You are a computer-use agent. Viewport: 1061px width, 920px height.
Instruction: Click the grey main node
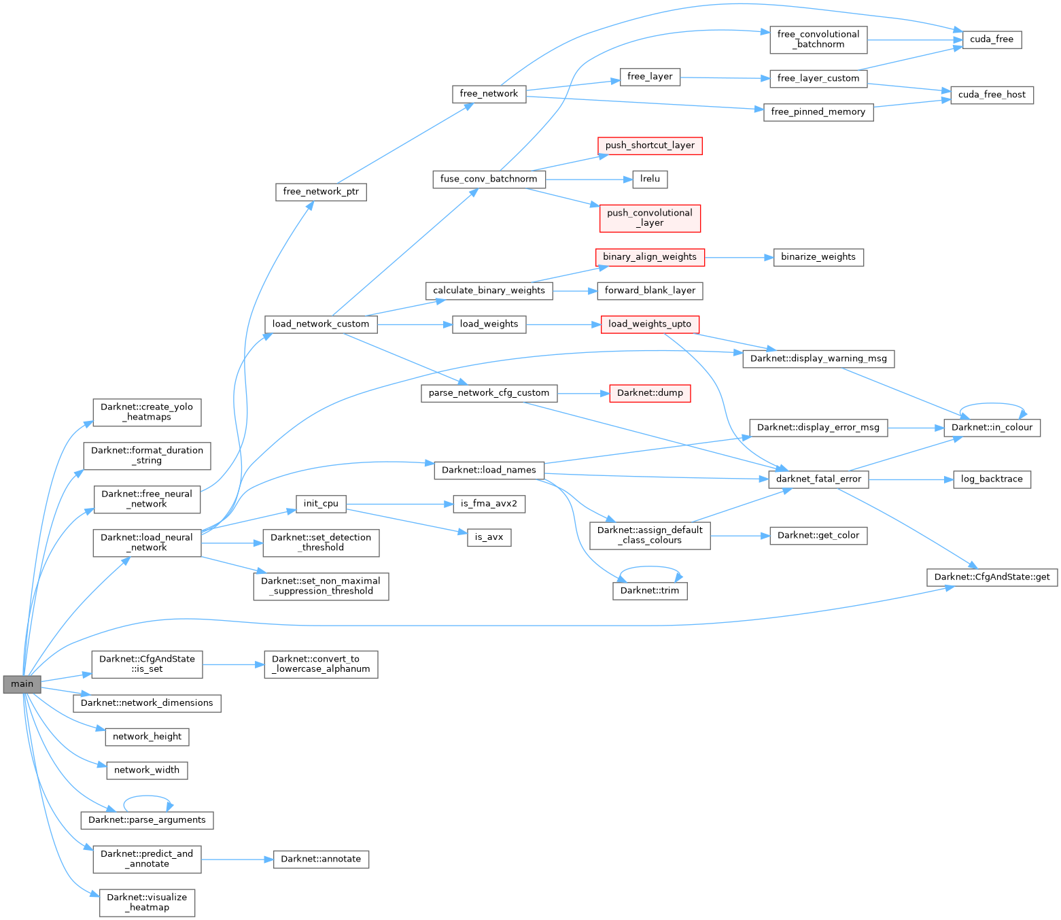coord(22,684)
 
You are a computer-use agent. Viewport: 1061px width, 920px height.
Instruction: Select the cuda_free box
coord(992,39)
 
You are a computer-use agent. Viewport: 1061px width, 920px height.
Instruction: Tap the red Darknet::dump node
coord(650,393)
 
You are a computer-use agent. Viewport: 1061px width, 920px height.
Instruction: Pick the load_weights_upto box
coord(650,324)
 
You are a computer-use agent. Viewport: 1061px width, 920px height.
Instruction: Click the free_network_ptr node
coord(321,192)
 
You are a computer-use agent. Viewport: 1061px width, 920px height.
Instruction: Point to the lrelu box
coord(650,179)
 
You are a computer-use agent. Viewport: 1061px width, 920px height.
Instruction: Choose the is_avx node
coord(489,537)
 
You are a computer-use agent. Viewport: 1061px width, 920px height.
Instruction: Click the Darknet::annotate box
coord(321,859)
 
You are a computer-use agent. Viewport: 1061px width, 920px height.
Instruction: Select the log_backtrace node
coord(992,479)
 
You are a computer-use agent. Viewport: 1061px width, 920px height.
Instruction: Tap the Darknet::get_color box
coord(818,536)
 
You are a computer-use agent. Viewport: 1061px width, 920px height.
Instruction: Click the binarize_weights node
coord(818,257)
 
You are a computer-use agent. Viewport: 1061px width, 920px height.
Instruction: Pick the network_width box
coord(147,770)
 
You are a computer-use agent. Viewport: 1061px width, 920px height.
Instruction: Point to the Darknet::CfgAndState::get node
coord(992,577)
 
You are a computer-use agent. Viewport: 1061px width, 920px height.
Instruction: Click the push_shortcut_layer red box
coord(650,146)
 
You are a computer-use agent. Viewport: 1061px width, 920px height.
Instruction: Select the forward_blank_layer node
coord(650,290)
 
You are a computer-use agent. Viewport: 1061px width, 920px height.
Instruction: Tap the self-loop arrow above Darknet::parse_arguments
coord(147,796)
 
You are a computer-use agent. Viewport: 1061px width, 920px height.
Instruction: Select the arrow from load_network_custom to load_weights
coord(415,324)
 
